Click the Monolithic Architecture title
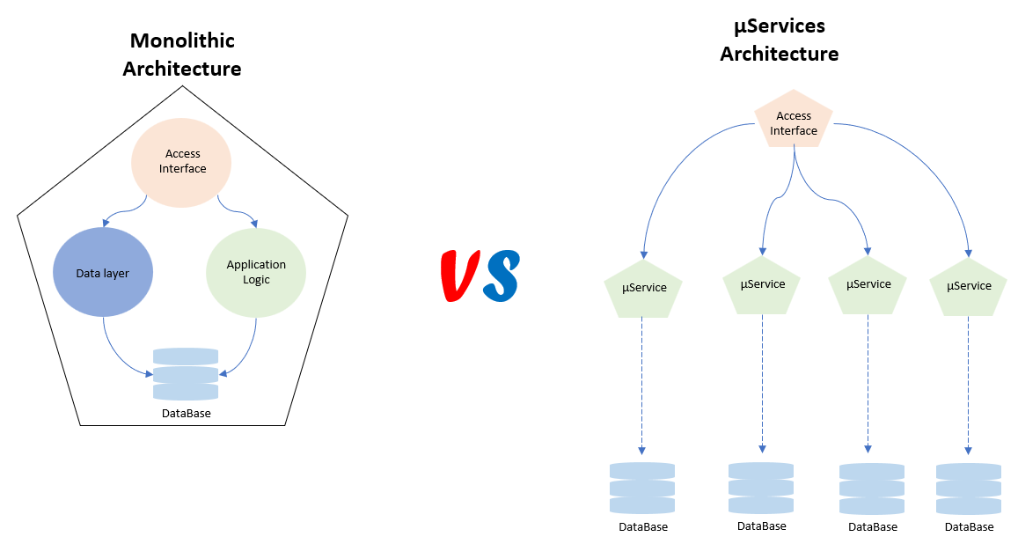181,55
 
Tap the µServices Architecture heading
779,40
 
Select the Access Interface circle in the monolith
181,162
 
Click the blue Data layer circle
104,273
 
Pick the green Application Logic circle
256,272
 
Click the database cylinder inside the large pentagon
186,374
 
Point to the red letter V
460,276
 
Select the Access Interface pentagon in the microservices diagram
794,121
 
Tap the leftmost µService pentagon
643,289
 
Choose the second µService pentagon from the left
762,285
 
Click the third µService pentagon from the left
868,285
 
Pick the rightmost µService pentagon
969,287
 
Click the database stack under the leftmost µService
642,489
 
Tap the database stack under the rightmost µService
969,489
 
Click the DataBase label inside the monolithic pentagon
186,413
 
